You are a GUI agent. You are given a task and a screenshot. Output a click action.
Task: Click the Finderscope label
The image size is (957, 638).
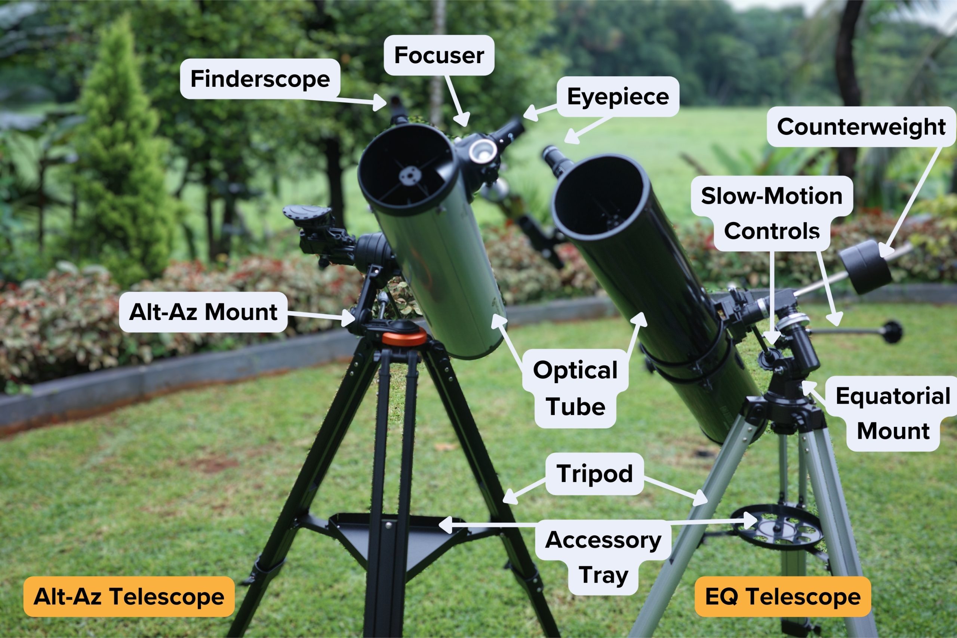coord(260,78)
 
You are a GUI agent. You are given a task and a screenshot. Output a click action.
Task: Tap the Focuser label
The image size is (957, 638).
coord(439,55)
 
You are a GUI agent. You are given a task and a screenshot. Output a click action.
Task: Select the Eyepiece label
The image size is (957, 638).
coord(618,96)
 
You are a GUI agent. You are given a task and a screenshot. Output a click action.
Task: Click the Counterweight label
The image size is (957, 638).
coord(861,127)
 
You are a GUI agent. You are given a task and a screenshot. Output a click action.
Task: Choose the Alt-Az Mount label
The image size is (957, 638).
coord(203,312)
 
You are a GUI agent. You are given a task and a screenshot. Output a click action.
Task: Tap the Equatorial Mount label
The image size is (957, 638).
coord(893,413)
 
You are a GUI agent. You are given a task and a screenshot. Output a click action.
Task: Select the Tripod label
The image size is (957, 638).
coord(594,474)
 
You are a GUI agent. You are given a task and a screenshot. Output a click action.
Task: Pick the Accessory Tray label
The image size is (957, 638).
coord(603,557)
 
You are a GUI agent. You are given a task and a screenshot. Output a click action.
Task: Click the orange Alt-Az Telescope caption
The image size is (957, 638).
coord(129,597)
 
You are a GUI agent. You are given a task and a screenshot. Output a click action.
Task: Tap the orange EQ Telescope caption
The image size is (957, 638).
coord(782,597)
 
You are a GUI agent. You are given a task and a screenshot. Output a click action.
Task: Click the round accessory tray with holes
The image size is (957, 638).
coord(776,527)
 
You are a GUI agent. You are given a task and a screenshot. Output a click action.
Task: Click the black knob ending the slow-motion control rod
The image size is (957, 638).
coord(893,332)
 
